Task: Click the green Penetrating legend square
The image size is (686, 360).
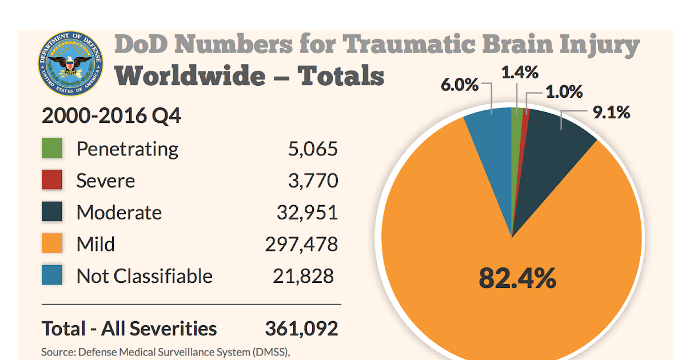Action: click(x=52, y=149)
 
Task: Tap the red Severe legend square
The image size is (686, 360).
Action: click(x=52, y=181)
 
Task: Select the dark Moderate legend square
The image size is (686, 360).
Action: click(x=52, y=213)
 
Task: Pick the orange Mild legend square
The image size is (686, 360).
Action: click(x=52, y=245)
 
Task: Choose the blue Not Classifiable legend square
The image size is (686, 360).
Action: click(x=52, y=276)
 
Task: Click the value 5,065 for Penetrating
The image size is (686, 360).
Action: click(x=312, y=149)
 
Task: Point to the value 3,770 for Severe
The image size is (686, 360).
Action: click(x=312, y=181)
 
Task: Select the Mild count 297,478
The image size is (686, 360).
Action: click(x=301, y=245)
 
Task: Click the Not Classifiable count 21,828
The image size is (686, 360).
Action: click(x=303, y=276)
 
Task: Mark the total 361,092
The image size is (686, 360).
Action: click(x=301, y=329)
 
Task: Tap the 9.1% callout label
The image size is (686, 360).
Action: click(x=611, y=113)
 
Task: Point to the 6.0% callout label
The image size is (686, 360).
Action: click(x=459, y=85)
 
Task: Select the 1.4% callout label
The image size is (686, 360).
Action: click(x=520, y=73)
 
